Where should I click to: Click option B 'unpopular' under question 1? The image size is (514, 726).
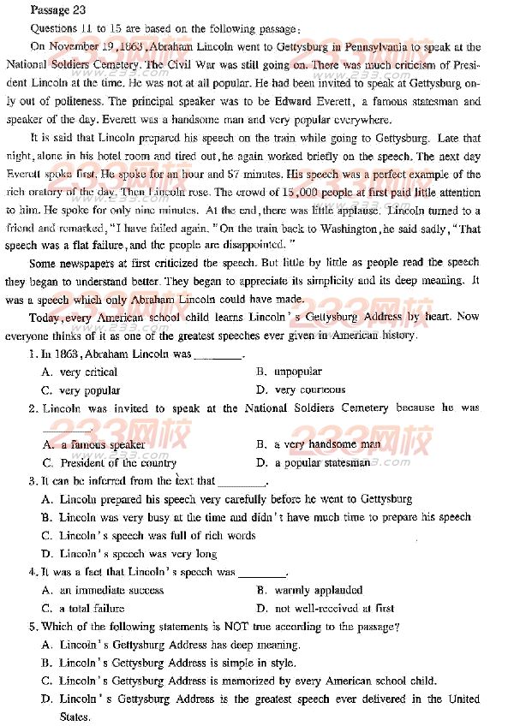click(x=296, y=372)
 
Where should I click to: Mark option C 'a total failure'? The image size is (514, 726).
click(x=91, y=608)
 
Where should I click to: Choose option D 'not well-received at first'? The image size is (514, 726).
click(x=333, y=608)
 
